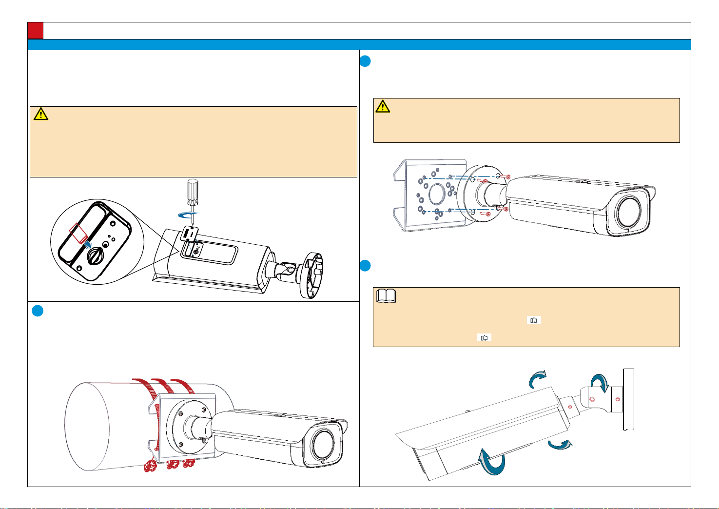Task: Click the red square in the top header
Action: coord(36,31)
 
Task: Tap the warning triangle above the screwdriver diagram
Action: coord(41,114)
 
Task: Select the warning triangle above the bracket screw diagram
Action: coord(383,106)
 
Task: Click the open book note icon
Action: coord(387,296)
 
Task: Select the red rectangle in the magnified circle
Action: coord(78,233)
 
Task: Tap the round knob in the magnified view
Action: coord(93,254)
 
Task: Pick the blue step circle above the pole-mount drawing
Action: coord(38,311)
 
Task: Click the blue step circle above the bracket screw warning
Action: coord(366,61)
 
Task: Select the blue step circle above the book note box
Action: coord(366,266)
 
